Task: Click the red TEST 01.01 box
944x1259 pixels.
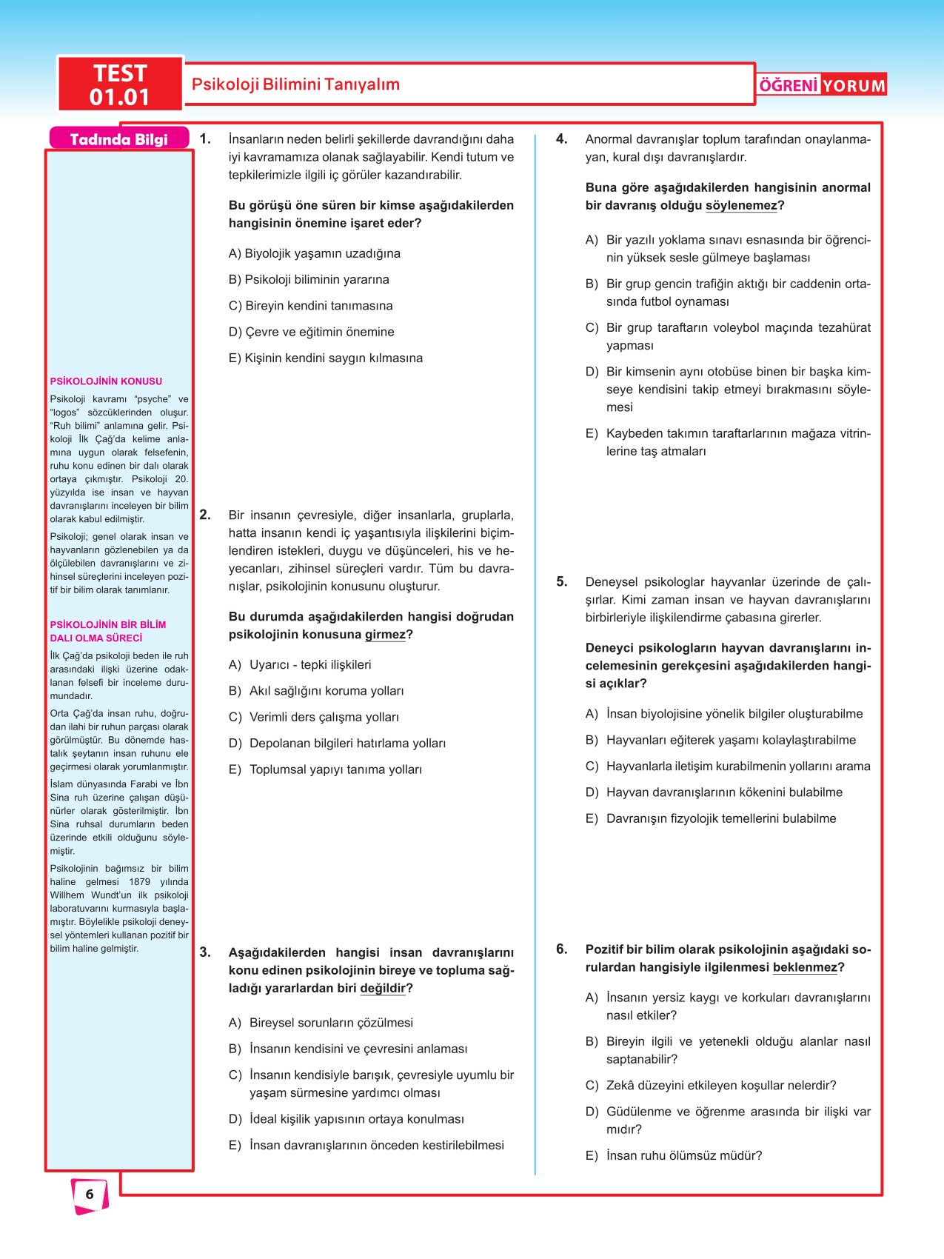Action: [120, 84]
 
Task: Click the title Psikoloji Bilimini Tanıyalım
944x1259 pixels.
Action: [295, 84]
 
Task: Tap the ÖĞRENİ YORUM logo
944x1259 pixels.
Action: [822, 85]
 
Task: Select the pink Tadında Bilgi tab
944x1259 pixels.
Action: [118, 139]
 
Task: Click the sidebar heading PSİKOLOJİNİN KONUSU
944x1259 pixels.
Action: [106, 381]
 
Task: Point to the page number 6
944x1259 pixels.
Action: [90, 1194]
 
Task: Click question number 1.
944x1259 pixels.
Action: [205, 139]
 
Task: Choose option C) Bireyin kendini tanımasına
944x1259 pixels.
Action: [311, 306]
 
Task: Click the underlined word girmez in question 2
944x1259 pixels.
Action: [385, 635]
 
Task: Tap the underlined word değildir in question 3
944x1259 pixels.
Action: [383, 989]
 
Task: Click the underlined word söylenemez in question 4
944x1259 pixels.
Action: [741, 206]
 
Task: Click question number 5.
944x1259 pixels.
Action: [562, 582]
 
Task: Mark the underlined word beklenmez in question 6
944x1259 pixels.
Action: [805, 968]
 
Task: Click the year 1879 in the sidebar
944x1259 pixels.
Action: [139, 882]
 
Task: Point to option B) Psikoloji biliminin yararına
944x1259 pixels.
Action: [309, 280]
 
